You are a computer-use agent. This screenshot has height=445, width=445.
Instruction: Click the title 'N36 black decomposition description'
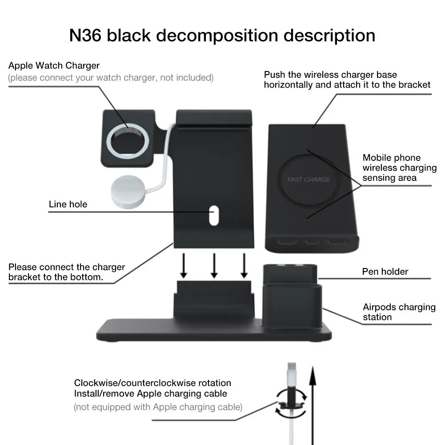tap(222, 35)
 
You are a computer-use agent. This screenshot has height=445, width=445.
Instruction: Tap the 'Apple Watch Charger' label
tap(54, 66)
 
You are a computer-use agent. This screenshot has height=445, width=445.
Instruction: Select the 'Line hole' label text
tap(68, 204)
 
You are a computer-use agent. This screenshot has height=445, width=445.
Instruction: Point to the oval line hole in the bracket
tap(213, 215)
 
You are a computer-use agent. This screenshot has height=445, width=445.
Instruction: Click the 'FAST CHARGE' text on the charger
tap(309, 180)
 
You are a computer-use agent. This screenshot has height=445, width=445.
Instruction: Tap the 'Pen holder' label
tap(385, 272)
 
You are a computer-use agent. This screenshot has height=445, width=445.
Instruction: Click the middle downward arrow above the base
tap(214, 265)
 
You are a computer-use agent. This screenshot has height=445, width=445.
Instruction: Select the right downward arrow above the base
tap(244, 265)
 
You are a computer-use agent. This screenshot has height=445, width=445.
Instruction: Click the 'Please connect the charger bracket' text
tap(67, 273)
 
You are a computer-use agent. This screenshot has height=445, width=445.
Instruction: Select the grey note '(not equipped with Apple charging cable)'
tap(158, 407)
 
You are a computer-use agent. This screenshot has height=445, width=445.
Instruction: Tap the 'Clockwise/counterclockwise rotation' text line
tap(152, 383)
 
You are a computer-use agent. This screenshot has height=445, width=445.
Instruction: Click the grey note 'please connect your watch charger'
tap(111, 78)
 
